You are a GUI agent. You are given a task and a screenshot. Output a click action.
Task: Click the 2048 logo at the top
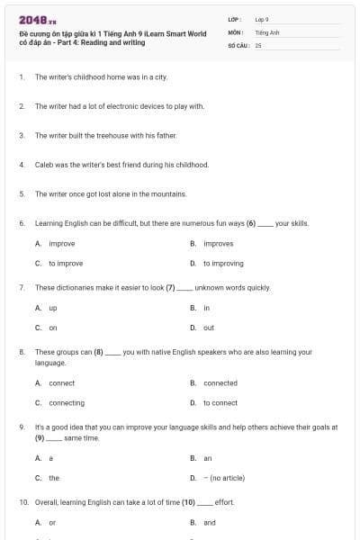point(37,19)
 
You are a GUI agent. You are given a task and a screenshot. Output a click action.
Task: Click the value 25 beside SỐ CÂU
point(258,44)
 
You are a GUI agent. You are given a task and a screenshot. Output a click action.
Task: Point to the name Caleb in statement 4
point(43,165)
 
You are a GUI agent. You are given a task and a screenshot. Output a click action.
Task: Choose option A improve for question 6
point(61,243)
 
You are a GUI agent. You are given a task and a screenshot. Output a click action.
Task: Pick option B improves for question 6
point(218,243)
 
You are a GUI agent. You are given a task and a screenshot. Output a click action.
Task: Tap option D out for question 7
point(209,328)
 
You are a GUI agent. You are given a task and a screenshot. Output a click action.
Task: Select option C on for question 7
point(53,328)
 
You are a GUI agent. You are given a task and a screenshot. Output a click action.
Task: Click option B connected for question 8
point(220,382)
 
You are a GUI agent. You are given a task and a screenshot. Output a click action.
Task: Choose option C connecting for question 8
point(67,402)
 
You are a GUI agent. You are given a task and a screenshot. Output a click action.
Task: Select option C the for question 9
point(54,478)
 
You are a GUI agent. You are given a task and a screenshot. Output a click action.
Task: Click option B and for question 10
point(210,522)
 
